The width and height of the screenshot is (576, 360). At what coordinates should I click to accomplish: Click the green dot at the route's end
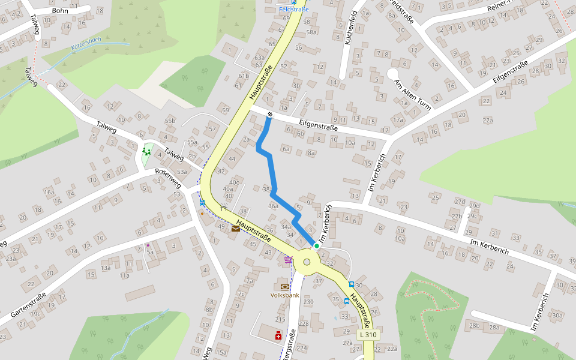316,245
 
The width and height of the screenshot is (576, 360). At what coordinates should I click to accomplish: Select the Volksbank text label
285,295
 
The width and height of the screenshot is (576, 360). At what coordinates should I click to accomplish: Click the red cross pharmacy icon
278,335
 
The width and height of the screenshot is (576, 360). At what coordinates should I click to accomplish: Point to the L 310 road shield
368,334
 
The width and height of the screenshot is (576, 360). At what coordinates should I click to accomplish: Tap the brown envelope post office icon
235,228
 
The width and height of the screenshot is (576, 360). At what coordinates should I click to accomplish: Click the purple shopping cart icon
288,260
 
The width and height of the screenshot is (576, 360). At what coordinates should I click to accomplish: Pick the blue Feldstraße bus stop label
294,10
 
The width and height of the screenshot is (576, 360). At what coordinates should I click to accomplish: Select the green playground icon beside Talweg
146,151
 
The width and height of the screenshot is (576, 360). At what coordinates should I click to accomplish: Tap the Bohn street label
60,10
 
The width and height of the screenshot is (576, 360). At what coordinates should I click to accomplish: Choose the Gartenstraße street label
29,305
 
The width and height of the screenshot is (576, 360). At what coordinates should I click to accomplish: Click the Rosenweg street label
168,176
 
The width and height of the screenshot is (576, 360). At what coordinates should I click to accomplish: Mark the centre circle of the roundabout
307,262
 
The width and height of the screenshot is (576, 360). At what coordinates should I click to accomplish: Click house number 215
280,319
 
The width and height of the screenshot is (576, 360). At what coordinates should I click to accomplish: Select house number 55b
170,121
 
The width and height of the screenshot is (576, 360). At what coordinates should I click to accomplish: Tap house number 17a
398,120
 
